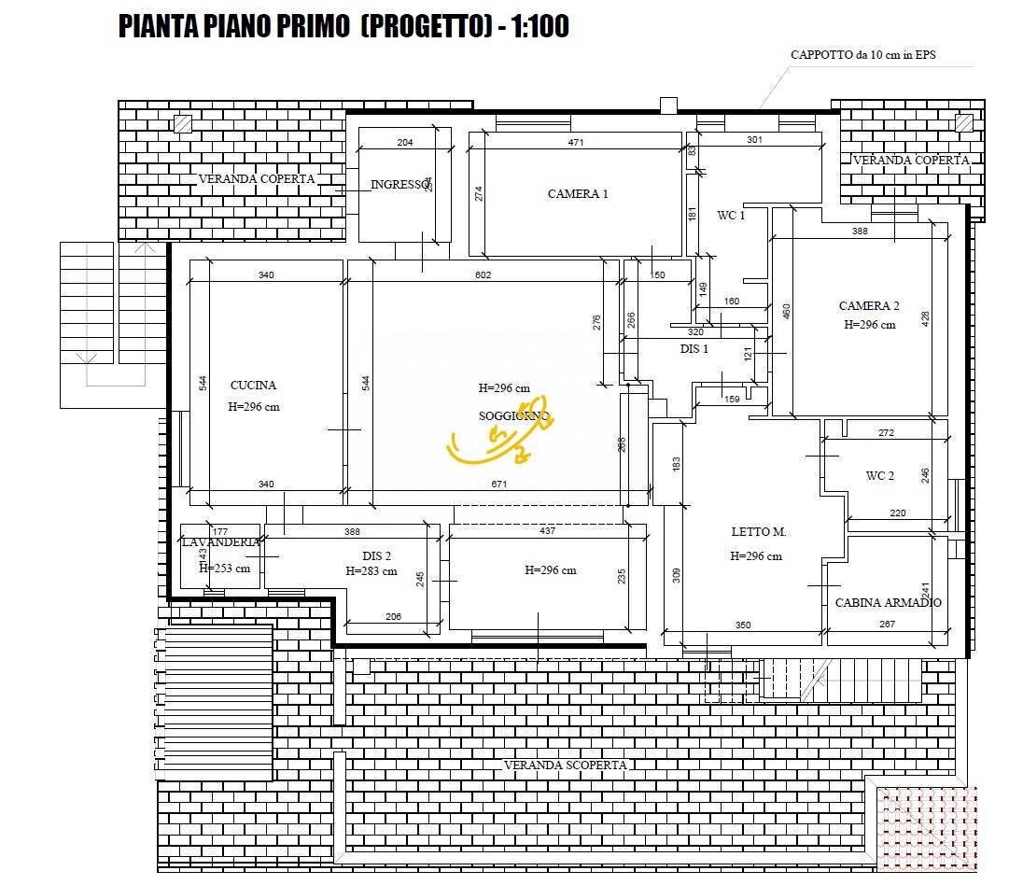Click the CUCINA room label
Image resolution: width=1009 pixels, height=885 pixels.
(253, 385)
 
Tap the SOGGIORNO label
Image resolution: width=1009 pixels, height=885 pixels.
(513, 416)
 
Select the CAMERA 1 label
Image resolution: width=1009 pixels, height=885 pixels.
(578, 194)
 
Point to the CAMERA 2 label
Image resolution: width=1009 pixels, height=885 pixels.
(869, 306)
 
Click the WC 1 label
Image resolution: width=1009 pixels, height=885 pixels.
(731, 216)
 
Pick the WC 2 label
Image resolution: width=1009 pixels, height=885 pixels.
(879, 476)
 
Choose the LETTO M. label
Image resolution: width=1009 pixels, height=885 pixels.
(758, 532)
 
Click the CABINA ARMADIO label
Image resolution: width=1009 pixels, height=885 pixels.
(888, 603)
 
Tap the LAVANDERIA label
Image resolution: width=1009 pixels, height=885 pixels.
(220, 542)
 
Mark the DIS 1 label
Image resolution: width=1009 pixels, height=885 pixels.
(694, 349)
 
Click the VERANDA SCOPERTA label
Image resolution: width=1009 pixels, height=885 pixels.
(565, 766)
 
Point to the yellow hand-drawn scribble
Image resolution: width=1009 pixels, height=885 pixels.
(499, 440)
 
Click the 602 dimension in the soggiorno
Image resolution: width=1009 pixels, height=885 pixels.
(483, 274)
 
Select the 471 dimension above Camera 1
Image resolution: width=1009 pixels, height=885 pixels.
(576, 143)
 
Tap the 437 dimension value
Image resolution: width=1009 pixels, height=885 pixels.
(547, 531)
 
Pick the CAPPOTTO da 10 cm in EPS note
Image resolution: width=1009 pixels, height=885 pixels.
(862, 55)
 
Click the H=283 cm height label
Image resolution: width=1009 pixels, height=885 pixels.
(371, 571)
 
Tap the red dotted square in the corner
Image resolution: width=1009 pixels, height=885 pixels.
(926, 829)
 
